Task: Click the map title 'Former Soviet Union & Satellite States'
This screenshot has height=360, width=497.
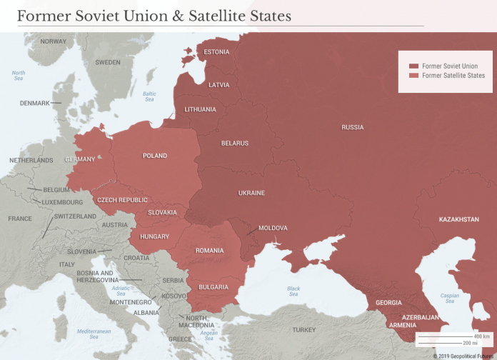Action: pos(154,14)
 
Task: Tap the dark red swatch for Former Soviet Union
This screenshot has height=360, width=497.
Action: pos(413,66)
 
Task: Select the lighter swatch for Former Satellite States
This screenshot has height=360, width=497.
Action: pos(413,76)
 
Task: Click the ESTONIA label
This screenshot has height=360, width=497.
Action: pos(216,52)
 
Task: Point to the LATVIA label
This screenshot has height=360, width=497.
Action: pos(219,85)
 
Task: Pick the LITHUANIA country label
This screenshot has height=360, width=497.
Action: pos(200,109)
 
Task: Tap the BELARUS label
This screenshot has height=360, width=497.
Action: pos(235,144)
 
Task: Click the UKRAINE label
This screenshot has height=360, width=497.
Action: pos(251,193)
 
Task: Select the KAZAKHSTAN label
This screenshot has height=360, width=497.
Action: pos(458,219)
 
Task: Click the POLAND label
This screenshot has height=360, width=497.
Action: pos(155,156)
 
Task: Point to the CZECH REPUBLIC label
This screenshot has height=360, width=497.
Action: pos(122,200)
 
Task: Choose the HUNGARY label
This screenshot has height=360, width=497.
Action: pos(155,236)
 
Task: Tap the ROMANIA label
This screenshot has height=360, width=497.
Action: pos(209,251)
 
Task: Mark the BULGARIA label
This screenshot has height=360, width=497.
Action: pos(214,287)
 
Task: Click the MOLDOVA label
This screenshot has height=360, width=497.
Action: pos(273,228)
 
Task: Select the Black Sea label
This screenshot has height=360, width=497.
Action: pos(293,291)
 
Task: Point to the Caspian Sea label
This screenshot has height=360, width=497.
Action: pos(450,298)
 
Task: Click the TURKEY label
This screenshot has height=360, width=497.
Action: pos(303,329)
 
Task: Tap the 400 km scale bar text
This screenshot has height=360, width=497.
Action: pos(482,336)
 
